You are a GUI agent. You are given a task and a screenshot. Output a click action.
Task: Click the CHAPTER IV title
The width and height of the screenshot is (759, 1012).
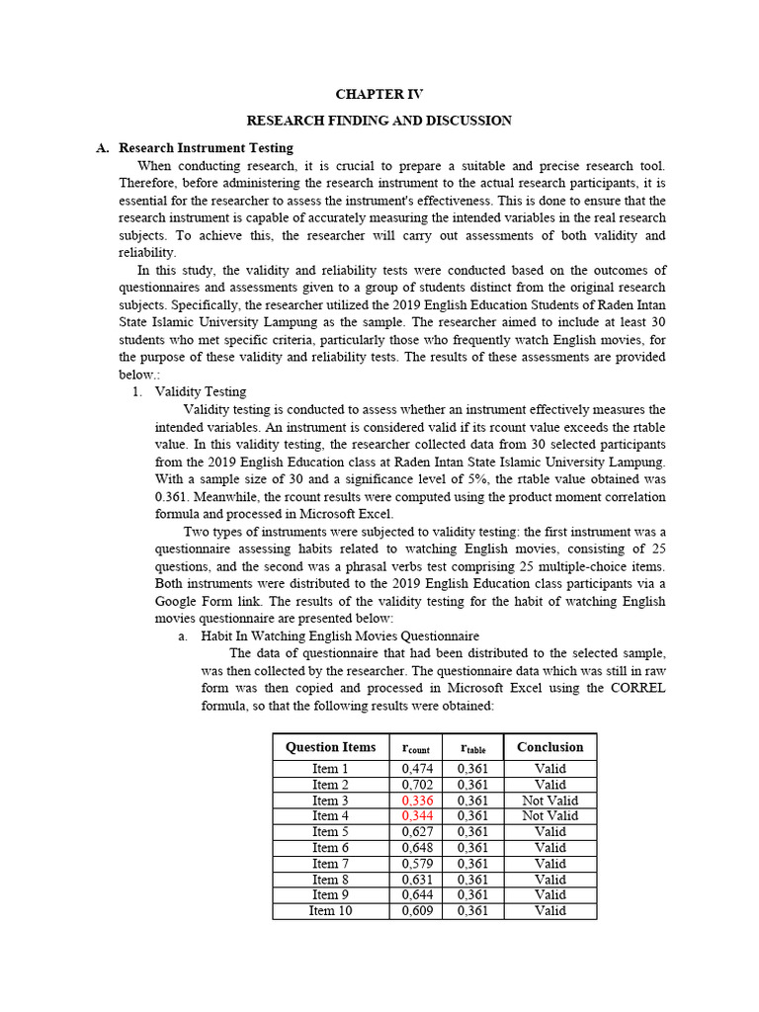(379, 94)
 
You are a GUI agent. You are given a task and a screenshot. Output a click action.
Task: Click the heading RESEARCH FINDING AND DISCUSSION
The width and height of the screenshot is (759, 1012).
(379, 121)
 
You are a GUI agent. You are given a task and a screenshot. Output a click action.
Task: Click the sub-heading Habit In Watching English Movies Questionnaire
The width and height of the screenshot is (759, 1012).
(339, 636)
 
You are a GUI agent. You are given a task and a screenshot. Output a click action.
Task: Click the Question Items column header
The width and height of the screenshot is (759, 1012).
(330, 747)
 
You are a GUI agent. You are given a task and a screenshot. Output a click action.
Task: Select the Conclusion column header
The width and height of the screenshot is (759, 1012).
(549, 747)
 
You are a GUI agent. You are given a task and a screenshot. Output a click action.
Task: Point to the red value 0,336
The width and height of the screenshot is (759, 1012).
(418, 801)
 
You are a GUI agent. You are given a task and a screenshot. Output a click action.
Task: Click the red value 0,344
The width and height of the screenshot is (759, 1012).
(418, 816)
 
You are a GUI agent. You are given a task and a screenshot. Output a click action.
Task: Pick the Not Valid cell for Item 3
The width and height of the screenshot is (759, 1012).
(549, 801)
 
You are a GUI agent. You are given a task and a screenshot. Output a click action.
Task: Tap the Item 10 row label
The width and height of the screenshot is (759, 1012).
(330, 911)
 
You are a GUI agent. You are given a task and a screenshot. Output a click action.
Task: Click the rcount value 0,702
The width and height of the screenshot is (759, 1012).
(418, 785)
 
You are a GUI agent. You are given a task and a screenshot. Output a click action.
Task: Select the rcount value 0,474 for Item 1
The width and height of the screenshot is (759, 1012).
(418, 769)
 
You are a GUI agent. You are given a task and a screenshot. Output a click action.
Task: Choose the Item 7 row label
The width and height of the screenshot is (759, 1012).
(330, 864)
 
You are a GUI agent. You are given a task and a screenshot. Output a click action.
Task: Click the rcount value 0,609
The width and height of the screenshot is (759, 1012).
(418, 911)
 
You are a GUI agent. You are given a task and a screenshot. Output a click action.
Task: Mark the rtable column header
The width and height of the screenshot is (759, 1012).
(472, 748)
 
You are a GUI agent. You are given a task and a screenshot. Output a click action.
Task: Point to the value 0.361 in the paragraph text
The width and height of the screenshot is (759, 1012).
(175, 497)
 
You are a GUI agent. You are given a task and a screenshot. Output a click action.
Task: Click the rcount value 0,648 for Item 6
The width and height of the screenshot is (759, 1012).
(418, 848)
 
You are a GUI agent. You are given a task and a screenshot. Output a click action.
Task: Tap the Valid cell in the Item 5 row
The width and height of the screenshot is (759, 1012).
(549, 832)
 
